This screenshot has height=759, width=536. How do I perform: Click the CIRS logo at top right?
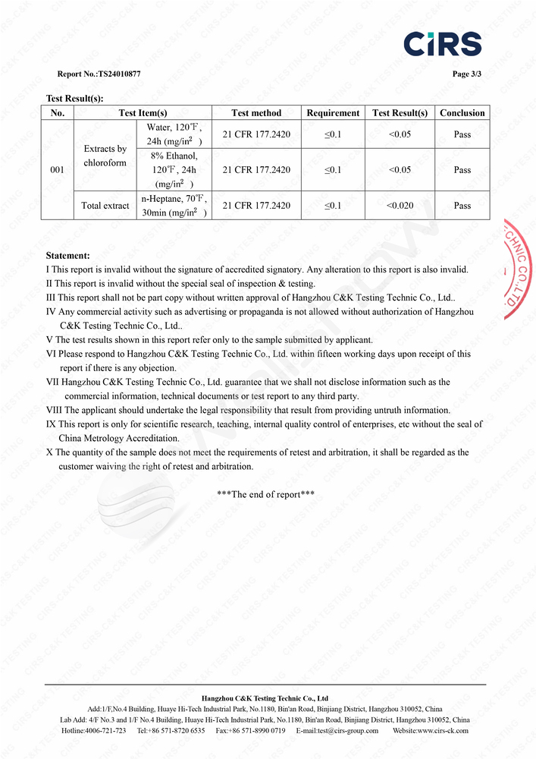[x=442, y=43]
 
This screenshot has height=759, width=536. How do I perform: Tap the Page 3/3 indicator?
[x=466, y=74]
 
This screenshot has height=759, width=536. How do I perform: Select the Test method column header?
[x=256, y=113]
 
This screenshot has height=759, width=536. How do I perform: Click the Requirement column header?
[x=333, y=113]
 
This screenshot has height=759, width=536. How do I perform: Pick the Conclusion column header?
[x=462, y=113]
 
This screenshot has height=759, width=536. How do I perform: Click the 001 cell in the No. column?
[x=57, y=170]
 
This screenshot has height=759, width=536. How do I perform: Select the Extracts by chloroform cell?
[x=105, y=156]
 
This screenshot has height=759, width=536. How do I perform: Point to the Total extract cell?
[x=105, y=206]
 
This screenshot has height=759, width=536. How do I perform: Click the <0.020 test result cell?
[x=400, y=206]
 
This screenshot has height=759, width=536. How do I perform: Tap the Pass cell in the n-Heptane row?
[x=462, y=206]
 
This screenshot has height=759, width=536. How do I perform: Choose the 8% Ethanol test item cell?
[x=174, y=170]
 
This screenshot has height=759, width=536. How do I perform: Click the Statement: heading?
[x=67, y=256]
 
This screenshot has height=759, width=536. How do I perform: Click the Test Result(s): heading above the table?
[x=74, y=98]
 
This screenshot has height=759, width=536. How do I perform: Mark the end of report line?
[x=265, y=494]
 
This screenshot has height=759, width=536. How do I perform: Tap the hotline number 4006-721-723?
[x=105, y=731]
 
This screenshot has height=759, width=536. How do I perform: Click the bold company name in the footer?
[x=265, y=698]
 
